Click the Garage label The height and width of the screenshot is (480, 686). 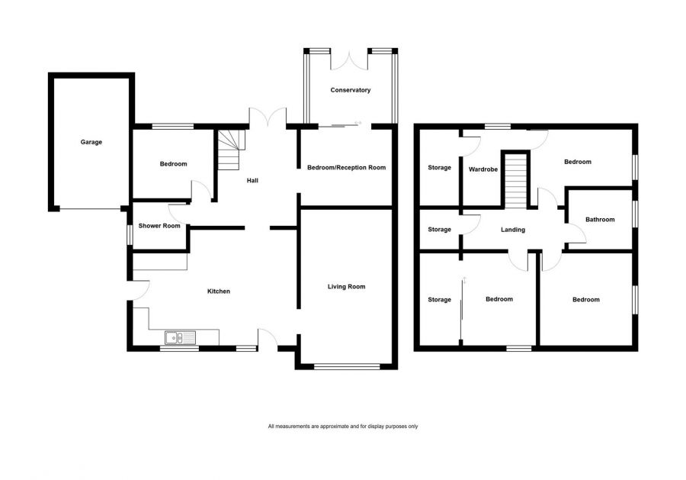pyautogui.click(x=91, y=142)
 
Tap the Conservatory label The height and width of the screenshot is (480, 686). pyautogui.click(x=350, y=90)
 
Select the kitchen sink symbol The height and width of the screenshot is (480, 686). pyautogui.click(x=180, y=337)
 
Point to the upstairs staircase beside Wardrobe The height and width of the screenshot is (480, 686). pyautogui.click(x=518, y=179)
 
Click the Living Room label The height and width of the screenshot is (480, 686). pyautogui.click(x=346, y=287)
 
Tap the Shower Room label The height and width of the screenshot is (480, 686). pyautogui.click(x=159, y=226)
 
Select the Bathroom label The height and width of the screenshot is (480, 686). pyautogui.click(x=599, y=220)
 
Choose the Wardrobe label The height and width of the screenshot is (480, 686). pyautogui.click(x=483, y=169)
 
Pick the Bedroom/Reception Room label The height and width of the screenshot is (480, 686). pyautogui.click(x=346, y=167)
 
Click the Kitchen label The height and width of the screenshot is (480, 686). pyautogui.click(x=219, y=292)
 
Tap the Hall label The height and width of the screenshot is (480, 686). pyautogui.click(x=252, y=181)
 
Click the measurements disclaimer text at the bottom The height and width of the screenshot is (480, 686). pyautogui.click(x=343, y=426)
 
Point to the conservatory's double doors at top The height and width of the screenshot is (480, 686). pyautogui.click(x=350, y=55)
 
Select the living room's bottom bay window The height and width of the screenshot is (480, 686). pyautogui.click(x=347, y=367)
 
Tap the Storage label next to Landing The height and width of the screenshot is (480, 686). pyautogui.click(x=439, y=230)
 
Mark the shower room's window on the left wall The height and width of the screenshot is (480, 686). pyautogui.click(x=130, y=234)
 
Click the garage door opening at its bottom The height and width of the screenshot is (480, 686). pyautogui.click(x=90, y=208)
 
